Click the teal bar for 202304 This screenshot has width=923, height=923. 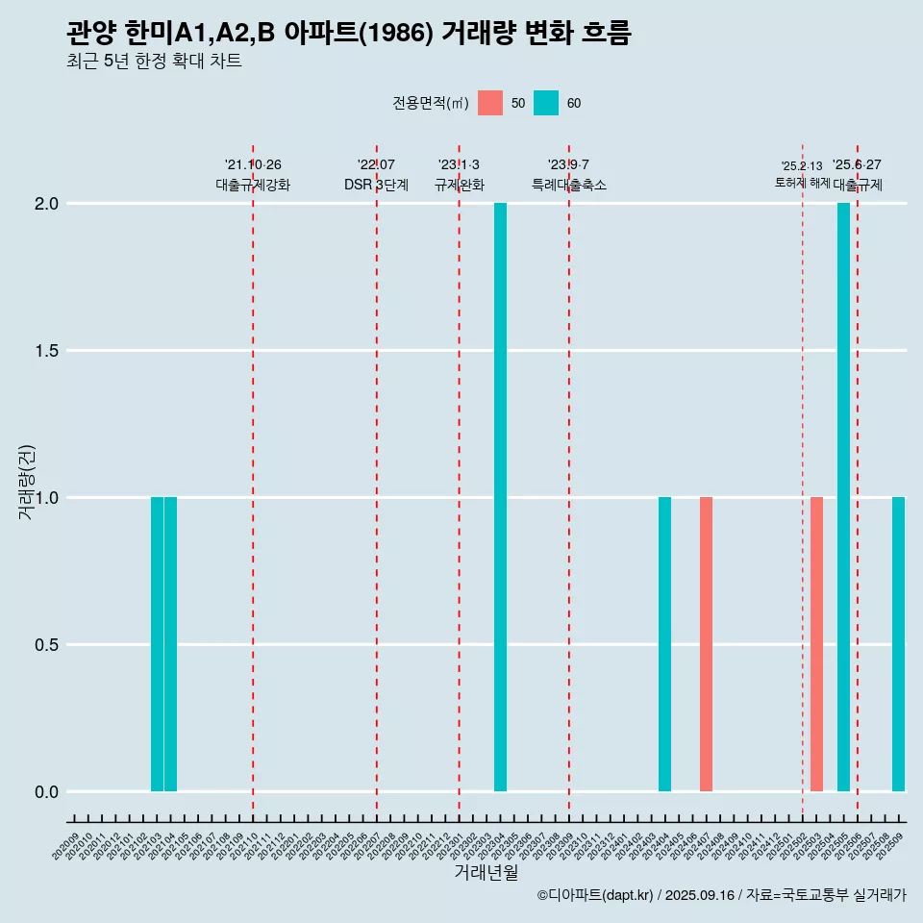500,497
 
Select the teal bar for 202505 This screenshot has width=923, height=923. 843,497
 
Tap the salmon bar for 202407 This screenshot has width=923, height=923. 706,644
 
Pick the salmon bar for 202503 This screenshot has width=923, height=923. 816,644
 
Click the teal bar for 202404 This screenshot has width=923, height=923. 664,644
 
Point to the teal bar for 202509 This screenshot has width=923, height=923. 898,644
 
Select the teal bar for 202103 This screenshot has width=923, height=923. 157,644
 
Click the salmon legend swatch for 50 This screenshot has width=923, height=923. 490,103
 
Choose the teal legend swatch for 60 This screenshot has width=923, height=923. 546,103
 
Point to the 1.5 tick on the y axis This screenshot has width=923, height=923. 46,351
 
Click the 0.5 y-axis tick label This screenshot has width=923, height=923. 46,645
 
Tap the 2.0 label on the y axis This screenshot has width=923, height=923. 46,204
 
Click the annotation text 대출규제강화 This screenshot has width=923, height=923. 253,185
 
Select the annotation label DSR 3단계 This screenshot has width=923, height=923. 376,185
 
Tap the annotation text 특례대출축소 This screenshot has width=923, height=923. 569,185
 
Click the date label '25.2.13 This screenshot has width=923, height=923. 802,166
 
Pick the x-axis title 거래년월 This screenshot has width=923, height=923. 486,872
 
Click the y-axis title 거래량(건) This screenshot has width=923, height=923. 27,482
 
